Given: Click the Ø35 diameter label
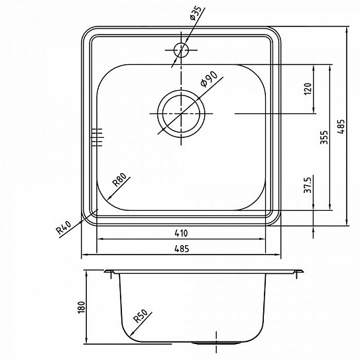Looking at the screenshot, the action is tap(196, 13).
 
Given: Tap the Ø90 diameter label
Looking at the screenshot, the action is tap(208, 79).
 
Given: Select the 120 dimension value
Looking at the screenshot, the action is tap(308, 89).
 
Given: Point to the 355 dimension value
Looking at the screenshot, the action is tap(324, 137).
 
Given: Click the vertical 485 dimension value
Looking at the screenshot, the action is tap(341, 126).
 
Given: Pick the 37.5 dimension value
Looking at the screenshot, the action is tap(308, 184).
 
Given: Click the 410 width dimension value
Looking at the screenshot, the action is tap(181, 233).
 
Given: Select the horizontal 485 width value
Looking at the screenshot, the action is tap(182, 249).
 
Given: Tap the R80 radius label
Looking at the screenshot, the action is tap(119, 180).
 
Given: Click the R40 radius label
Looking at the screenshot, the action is tap(64, 227).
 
